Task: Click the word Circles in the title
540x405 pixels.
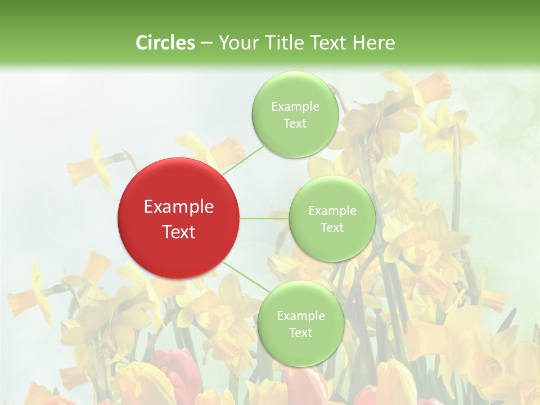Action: click(165, 43)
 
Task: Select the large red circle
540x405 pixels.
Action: click(179, 218)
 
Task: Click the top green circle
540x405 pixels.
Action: click(295, 115)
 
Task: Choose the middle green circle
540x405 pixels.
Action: click(332, 219)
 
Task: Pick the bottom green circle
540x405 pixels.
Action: click(300, 324)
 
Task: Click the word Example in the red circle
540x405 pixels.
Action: click(179, 207)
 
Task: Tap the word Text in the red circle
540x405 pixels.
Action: click(179, 232)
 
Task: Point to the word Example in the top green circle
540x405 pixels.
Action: click(295, 106)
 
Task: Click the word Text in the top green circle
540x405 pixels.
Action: click(295, 124)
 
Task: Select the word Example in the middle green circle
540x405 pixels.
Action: click(332, 210)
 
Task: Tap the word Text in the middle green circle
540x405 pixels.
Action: click(332, 228)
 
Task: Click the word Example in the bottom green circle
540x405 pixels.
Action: click(300, 316)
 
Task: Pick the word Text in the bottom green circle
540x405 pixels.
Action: click(300, 333)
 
